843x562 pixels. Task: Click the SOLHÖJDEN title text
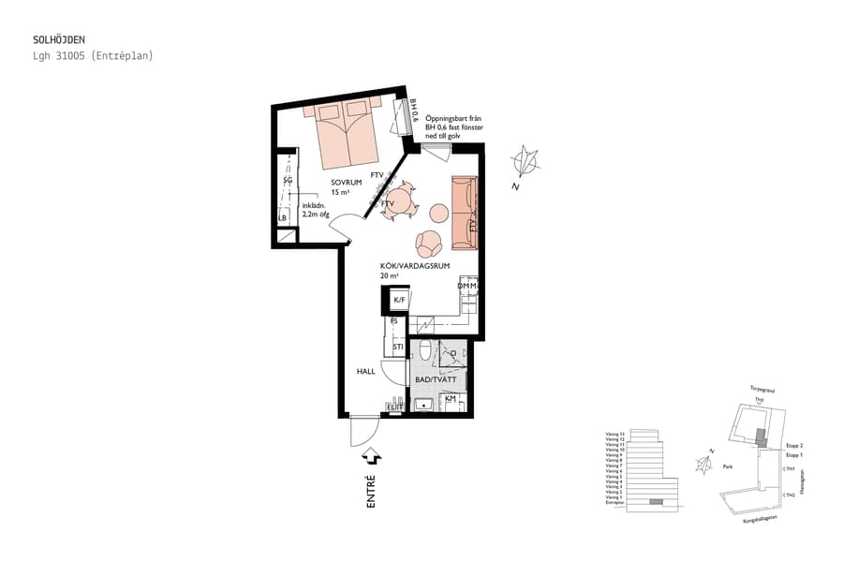[x=58, y=40]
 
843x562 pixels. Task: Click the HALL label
[x=365, y=371]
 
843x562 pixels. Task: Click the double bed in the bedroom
[x=344, y=130]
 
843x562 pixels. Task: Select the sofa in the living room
[x=465, y=213]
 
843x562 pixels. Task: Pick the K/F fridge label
[x=399, y=300]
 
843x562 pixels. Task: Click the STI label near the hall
[x=397, y=348]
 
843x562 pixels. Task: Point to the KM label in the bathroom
[x=451, y=399]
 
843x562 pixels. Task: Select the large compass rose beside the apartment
[x=526, y=162]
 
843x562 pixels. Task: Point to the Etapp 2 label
[x=794, y=446]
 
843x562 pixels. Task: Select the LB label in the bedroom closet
[x=282, y=218]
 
